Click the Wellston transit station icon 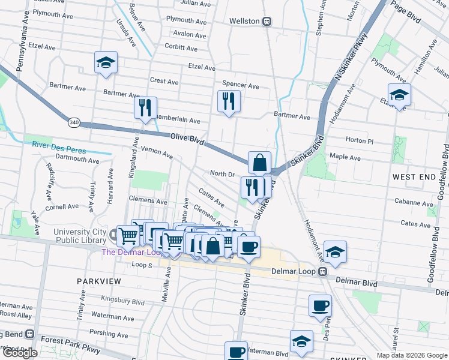[x=267, y=21]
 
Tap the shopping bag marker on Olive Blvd [x=259, y=163]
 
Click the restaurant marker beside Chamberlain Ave [x=145, y=109]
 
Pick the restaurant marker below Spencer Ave [x=229, y=101]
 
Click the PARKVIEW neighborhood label [x=99, y=281]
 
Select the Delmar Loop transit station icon [x=322, y=271]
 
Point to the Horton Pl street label [x=359, y=140]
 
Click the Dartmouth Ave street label [x=75, y=160]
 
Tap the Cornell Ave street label [x=61, y=206]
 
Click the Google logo [x=20, y=353]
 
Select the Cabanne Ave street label [x=414, y=203]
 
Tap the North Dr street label [x=222, y=174]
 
